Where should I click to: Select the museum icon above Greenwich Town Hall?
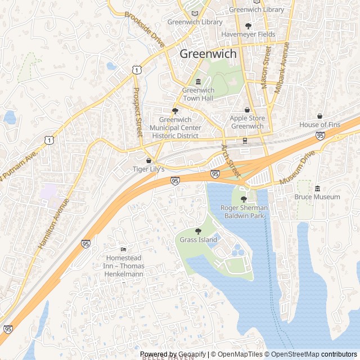point(198,82)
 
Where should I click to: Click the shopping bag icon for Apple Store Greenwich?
point(246,110)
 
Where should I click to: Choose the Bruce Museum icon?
point(317,188)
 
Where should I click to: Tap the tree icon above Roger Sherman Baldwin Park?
point(244,199)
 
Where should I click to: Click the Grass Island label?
point(198,240)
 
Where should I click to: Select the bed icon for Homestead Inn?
point(124,249)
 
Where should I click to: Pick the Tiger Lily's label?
point(148,169)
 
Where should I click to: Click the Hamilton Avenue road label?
point(53,223)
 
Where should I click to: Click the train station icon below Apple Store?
point(245,141)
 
